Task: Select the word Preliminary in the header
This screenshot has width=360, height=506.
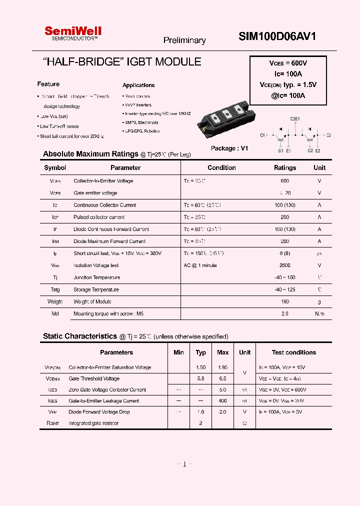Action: click(x=184, y=40)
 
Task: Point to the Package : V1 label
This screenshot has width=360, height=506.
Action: click(x=229, y=148)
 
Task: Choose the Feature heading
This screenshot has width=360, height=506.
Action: click(x=48, y=84)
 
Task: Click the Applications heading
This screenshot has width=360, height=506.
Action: click(x=138, y=85)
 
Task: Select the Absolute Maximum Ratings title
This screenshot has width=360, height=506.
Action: click(x=90, y=154)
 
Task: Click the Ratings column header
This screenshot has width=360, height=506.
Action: click(x=285, y=168)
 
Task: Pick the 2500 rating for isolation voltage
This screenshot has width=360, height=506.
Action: click(x=285, y=265)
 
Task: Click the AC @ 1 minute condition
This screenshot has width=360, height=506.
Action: click(x=200, y=265)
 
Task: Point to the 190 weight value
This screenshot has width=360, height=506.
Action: click(x=285, y=301)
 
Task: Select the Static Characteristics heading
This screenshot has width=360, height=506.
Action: click(x=79, y=336)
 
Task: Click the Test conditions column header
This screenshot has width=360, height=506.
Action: click(x=293, y=352)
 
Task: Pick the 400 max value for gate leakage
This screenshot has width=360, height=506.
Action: click(x=223, y=401)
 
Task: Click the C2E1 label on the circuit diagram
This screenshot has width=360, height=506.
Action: click(x=295, y=119)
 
